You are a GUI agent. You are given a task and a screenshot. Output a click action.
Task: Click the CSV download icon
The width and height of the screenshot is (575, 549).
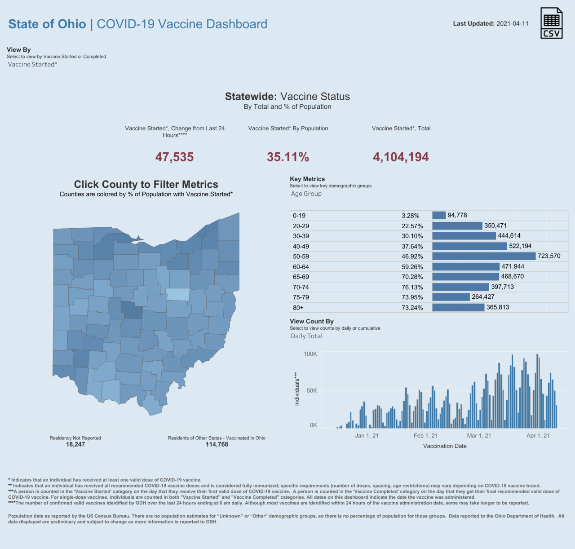point(552,23)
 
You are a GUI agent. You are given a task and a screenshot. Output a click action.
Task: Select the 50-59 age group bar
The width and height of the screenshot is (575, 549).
point(484,256)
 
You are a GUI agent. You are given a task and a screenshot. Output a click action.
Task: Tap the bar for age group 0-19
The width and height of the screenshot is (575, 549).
point(439,216)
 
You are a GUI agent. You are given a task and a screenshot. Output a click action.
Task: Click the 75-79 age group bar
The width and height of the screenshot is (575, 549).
point(451,297)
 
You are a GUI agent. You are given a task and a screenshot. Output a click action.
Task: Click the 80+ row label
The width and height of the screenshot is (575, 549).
point(298,308)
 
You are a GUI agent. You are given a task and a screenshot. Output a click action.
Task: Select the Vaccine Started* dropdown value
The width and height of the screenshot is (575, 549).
point(33,64)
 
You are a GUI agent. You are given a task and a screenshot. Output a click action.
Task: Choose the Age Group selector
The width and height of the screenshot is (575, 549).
point(306,194)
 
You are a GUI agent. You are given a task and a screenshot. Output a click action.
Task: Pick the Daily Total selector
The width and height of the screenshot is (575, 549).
point(307,336)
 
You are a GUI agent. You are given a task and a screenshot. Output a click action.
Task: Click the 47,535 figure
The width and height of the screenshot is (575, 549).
point(174,157)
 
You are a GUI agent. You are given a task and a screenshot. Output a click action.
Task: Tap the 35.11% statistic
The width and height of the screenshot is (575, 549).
point(288,157)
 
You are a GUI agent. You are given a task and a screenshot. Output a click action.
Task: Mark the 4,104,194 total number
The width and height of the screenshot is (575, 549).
point(401,157)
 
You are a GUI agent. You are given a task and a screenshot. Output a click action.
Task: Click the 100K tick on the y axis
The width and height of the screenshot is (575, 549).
point(310,354)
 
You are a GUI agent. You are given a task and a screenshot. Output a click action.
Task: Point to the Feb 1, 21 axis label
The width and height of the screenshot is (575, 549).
point(425,435)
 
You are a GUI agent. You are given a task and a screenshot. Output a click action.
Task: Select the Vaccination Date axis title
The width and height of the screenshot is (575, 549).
point(445,446)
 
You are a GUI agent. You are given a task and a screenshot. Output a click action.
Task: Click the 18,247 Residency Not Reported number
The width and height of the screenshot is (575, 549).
point(75,444)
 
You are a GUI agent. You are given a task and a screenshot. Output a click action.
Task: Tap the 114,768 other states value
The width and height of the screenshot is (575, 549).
point(217,444)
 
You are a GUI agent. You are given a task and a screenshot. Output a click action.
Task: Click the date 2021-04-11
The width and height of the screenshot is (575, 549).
point(513,24)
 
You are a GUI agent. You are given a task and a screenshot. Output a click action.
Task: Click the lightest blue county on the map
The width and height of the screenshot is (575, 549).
point(178,294)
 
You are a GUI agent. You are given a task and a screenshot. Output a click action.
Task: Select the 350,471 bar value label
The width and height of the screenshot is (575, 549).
point(495,226)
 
